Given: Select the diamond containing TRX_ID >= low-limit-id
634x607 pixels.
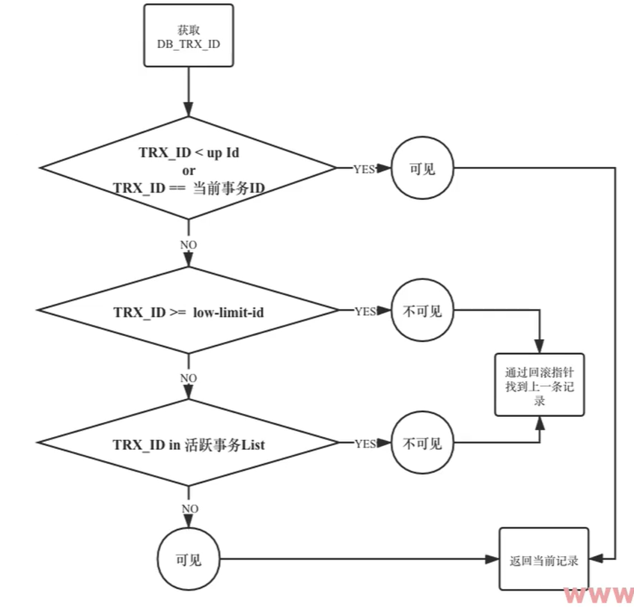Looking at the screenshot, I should pyautogui.click(x=189, y=311).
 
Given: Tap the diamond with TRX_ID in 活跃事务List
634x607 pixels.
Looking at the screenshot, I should pyautogui.click(x=189, y=444).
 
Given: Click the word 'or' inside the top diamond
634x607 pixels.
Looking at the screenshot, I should pyautogui.click(x=189, y=170).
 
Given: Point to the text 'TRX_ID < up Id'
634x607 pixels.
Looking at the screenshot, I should pyautogui.click(x=189, y=153).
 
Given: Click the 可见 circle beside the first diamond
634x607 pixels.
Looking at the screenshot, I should pyautogui.click(x=422, y=168).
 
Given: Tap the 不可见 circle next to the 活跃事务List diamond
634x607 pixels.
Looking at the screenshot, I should pyautogui.click(x=422, y=444).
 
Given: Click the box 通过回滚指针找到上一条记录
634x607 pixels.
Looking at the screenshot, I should pyautogui.click(x=539, y=385).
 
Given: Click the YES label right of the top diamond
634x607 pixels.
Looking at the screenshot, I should pyautogui.click(x=365, y=169).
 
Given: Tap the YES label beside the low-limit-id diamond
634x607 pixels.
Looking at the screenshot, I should pyautogui.click(x=365, y=311).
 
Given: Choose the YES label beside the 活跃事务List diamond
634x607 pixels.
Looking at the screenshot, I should pyautogui.click(x=365, y=444).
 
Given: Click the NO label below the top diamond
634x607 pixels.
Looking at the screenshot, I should pyautogui.click(x=189, y=245).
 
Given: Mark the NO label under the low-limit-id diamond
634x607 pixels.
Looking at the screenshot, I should pyautogui.click(x=189, y=377).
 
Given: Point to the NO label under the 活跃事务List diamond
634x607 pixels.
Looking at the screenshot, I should pyautogui.click(x=189, y=508).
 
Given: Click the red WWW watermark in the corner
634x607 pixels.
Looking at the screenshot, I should pyautogui.click(x=599, y=596).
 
